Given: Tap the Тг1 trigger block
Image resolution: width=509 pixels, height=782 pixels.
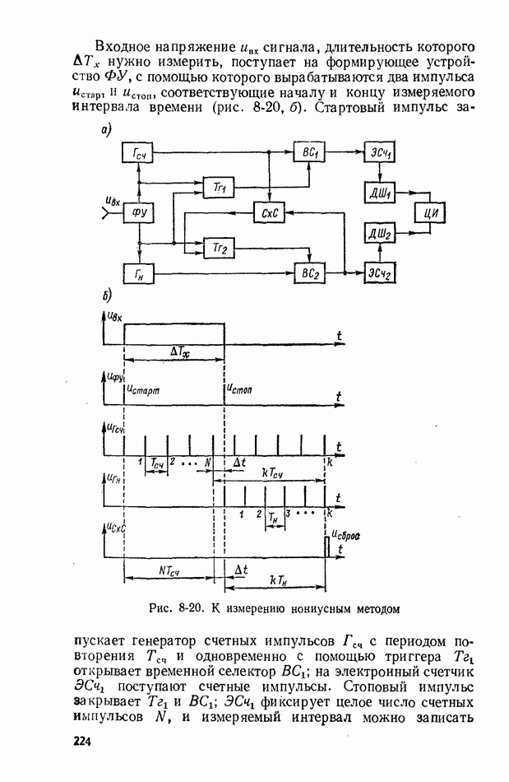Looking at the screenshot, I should point(219,189).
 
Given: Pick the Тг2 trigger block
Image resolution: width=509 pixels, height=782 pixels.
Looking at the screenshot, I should point(219,247).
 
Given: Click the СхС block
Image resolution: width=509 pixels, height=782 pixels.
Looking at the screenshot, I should point(268,213).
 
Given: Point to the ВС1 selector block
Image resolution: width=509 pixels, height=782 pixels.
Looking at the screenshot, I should point(310,154).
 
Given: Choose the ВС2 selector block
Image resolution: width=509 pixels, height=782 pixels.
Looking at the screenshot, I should point(310,272).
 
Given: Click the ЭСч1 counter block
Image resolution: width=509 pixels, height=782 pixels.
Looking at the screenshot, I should point(379,154).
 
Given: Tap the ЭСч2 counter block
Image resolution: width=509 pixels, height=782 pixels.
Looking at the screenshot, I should point(379,272).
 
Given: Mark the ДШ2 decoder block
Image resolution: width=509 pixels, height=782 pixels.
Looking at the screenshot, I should point(379,235).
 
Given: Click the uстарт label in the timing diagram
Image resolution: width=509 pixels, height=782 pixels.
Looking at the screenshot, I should point(145,391).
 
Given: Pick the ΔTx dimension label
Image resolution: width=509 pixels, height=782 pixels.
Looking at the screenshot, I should point(179,351).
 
